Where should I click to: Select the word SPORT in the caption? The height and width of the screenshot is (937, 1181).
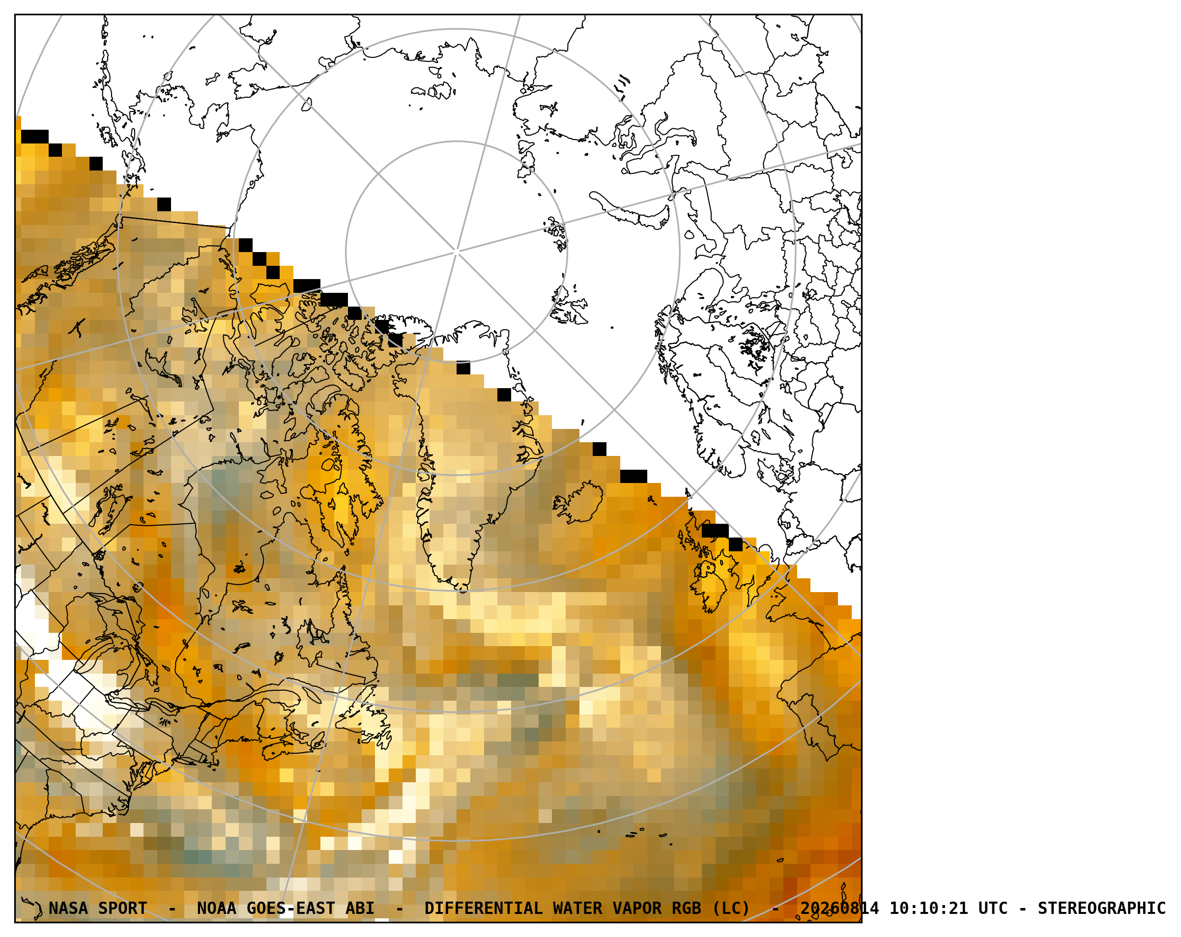(123, 908)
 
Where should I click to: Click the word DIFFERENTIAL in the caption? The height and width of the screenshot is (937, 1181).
(484, 908)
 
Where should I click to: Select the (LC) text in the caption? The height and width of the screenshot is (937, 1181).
(731, 908)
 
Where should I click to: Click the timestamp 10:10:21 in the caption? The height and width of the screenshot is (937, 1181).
(928, 908)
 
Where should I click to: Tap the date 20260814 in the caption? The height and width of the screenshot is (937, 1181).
(840, 908)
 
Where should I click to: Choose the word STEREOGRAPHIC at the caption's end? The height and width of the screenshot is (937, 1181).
(1101, 908)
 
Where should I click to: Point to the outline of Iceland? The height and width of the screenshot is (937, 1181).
(578, 501)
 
